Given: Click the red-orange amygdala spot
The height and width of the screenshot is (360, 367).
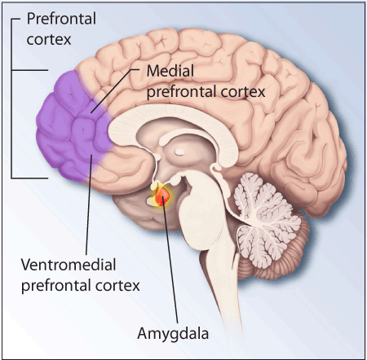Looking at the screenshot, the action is pyautogui.click(x=162, y=195).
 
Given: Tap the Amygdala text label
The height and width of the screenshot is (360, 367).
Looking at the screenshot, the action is pyautogui.click(x=173, y=334).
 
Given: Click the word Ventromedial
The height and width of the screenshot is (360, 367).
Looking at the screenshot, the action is pyautogui.click(x=69, y=265).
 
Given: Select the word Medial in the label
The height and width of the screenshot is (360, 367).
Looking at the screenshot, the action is pyautogui.click(x=170, y=71).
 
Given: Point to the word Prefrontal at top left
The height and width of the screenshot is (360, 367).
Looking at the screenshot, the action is pyautogui.click(x=61, y=19).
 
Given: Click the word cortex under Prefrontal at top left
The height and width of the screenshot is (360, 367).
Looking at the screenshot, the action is pyautogui.click(x=49, y=40).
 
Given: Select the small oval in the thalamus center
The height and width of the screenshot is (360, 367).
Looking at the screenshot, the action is pyautogui.click(x=179, y=151).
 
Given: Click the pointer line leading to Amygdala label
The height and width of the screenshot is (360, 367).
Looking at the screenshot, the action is pyautogui.click(x=170, y=260).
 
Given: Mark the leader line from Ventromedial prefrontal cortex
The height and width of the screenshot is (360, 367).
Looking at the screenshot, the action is pyautogui.click(x=89, y=204).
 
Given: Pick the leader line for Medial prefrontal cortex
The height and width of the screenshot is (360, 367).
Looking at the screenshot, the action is pyautogui.click(x=115, y=90).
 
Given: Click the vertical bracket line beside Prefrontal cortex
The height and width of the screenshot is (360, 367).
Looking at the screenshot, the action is pyautogui.click(x=11, y=99).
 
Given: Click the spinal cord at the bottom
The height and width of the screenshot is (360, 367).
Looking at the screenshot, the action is pyautogui.click(x=231, y=293).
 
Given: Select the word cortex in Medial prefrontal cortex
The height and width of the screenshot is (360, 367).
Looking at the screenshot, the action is pyautogui.click(x=243, y=92).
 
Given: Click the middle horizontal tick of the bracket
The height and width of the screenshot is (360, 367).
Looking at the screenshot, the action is pyautogui.click(x=30, y=70).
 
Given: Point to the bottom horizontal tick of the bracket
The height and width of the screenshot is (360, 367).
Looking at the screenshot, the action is pyautogui.click(x=30, y=178).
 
